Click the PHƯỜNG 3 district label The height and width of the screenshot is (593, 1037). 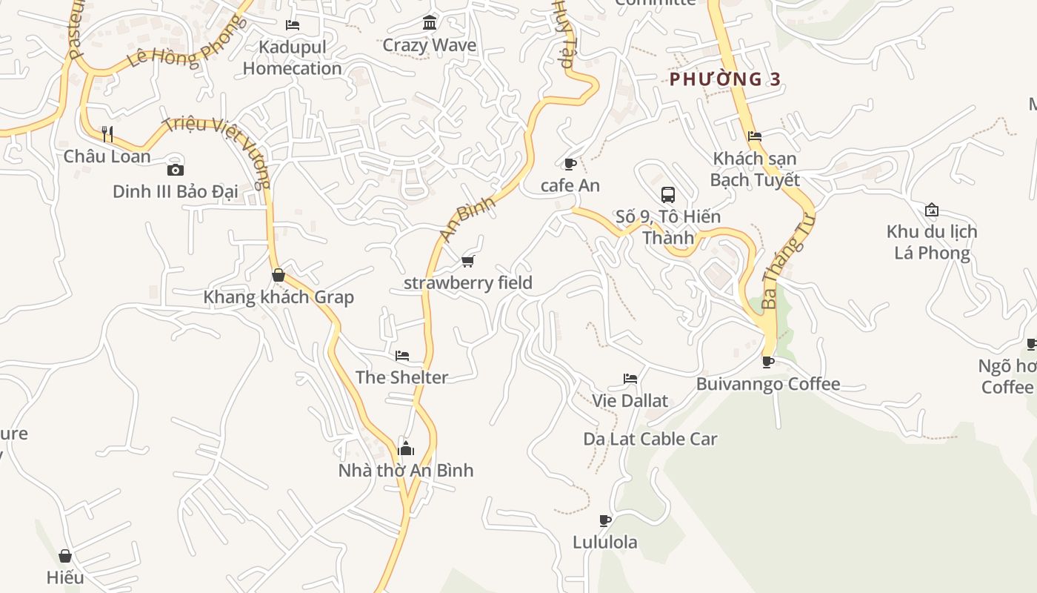[725, 79]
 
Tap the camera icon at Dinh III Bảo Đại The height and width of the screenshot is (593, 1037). [176, 170]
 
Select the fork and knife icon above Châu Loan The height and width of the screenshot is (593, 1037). [107, 134]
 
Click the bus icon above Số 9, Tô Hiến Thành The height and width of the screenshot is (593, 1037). [668, 195]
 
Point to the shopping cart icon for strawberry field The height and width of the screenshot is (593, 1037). [467, 261]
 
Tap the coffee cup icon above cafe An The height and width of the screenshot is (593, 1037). [570, 164]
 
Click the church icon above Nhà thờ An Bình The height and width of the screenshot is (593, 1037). [406, 448]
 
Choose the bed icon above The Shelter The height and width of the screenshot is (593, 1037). [402, 356]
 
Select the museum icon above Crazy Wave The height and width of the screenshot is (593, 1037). [430, 23]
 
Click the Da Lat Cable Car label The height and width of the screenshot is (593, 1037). [650, 439]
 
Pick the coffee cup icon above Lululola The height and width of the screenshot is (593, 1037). [605, 520]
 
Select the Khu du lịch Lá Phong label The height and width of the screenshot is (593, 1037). [932, 242]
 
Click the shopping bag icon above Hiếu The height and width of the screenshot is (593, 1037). [65, 556]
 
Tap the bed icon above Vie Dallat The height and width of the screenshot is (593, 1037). [630, 379]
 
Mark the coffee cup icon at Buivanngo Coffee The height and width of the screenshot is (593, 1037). [768, 362]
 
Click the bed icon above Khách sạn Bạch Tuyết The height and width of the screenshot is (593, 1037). [755, 136]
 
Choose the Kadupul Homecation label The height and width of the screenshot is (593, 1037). [293, 58]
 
